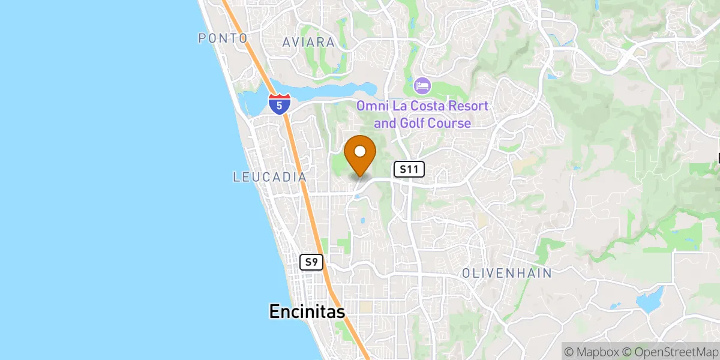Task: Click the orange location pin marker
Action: click(x=360, y=155)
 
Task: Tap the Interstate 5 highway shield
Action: click(x=279, y=104)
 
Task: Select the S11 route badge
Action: click(x=409, y=170)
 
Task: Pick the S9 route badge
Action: click(x=311, y=262)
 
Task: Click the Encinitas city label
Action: click(x=307, y=311)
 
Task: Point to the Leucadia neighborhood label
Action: click(x=270, y=177)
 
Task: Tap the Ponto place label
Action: click(x=223, y=38)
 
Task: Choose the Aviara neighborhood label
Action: click(x=308, y=42)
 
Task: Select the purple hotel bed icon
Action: click(x=422, y=86)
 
